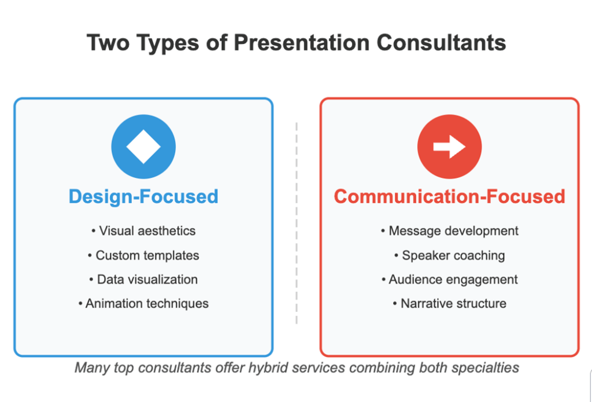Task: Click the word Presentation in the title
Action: [x=302, y=42]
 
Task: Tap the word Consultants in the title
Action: [x=441, y=42]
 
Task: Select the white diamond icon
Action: [x=143, y=147]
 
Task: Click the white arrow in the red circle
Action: [x=449, y=146]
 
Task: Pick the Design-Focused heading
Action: [x=143, y=196]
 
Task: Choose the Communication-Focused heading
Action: [x=449, y=196]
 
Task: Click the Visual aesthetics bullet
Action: [x=143, y=231]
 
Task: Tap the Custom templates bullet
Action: [x=143, y=255]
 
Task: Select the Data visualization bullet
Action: [x=143, y=280]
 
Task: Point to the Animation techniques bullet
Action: [x=143, y=304]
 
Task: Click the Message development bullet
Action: [x=449, y=231]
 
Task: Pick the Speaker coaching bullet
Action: [x=449, y=255]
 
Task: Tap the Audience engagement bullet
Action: [x=449, y=280]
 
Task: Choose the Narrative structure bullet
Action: [x=449, y=304]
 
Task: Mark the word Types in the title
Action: [x=168, y=43]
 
